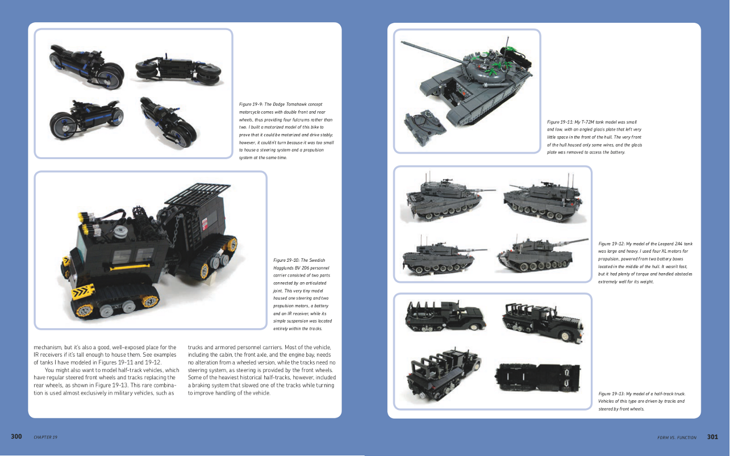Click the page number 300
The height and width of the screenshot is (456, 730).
pos(16,437)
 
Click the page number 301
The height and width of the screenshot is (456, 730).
pos(712,437)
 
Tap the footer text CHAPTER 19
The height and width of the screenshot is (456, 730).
pos(45,437)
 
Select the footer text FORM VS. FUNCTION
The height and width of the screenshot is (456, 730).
pos(677,437)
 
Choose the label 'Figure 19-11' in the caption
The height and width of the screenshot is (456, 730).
pos(560,122)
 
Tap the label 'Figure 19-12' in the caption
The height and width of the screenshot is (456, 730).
pos(611,244)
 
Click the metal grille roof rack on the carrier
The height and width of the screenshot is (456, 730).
pos(198,194)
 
